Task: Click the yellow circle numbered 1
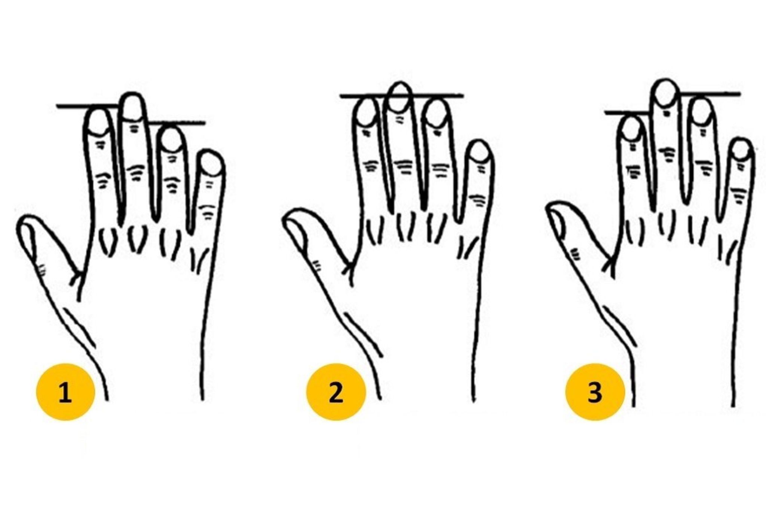[65, 392]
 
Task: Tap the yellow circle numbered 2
[335, 392]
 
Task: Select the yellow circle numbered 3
[595, 392]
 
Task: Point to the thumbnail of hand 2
[295, 228]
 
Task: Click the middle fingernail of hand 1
[133, 108]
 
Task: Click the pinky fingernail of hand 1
[212, 164]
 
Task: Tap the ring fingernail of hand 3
[701, 111]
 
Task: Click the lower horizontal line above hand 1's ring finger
[176, 122]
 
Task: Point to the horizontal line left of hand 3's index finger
[626, 113]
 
